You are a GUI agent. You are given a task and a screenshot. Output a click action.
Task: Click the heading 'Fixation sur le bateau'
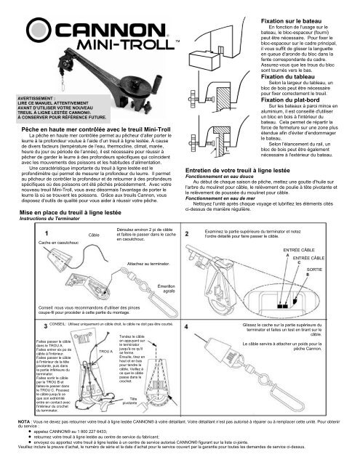[290, 6]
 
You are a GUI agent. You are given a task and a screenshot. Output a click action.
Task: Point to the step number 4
[188, 347]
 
